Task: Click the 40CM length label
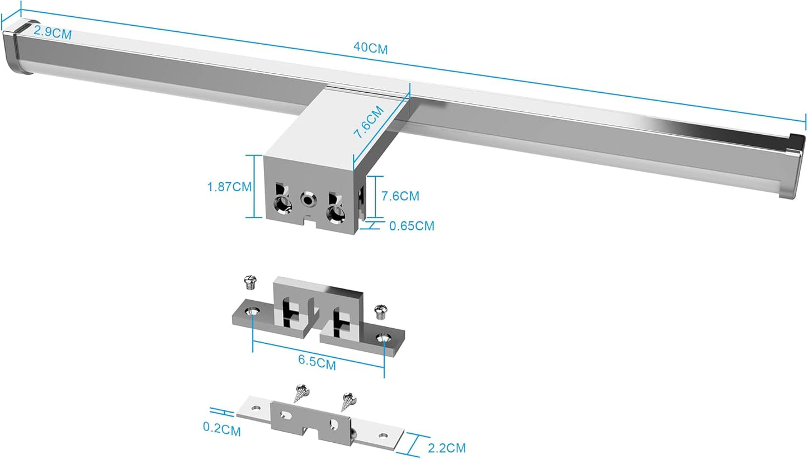(x=370, y=48)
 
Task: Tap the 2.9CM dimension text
(x=52, y=32)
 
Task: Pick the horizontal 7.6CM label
(x=400, y=196)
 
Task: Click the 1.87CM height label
(x=229, y=187)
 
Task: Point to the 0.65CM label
(x=412, y=226)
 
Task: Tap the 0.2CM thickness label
(x=222, y=431)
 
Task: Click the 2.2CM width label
(x=447, y=447)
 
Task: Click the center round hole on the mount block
(x=307, y=198)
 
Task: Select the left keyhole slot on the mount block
(x=281, y=202)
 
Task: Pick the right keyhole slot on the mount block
(x=336, y=210)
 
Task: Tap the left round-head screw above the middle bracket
(x=249, y=282)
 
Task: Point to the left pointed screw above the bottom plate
(x=301, y=393)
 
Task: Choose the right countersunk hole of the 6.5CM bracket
(x=384, y=337)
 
